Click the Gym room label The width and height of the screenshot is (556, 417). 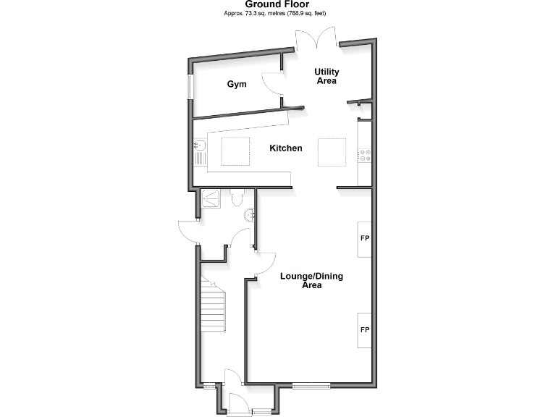pos(237,84)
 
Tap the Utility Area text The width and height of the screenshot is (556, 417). pos(326,76)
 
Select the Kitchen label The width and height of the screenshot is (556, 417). pos(285,148)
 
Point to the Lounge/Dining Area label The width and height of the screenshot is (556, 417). pos(311,281)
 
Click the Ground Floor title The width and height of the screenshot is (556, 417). pos(277,4)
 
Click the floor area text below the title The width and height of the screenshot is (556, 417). pos(277,14)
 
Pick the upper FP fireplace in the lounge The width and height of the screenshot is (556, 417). pos(365,238)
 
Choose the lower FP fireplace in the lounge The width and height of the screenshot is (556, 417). pos(365,330)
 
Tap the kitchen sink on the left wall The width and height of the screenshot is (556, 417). pos(201,151)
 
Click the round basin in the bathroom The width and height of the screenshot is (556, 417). pos(250,214)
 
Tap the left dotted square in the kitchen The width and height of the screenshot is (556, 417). pos(235,151)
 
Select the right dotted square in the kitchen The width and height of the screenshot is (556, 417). pos(331,151)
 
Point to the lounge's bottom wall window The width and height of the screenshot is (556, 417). pos(311,385)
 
